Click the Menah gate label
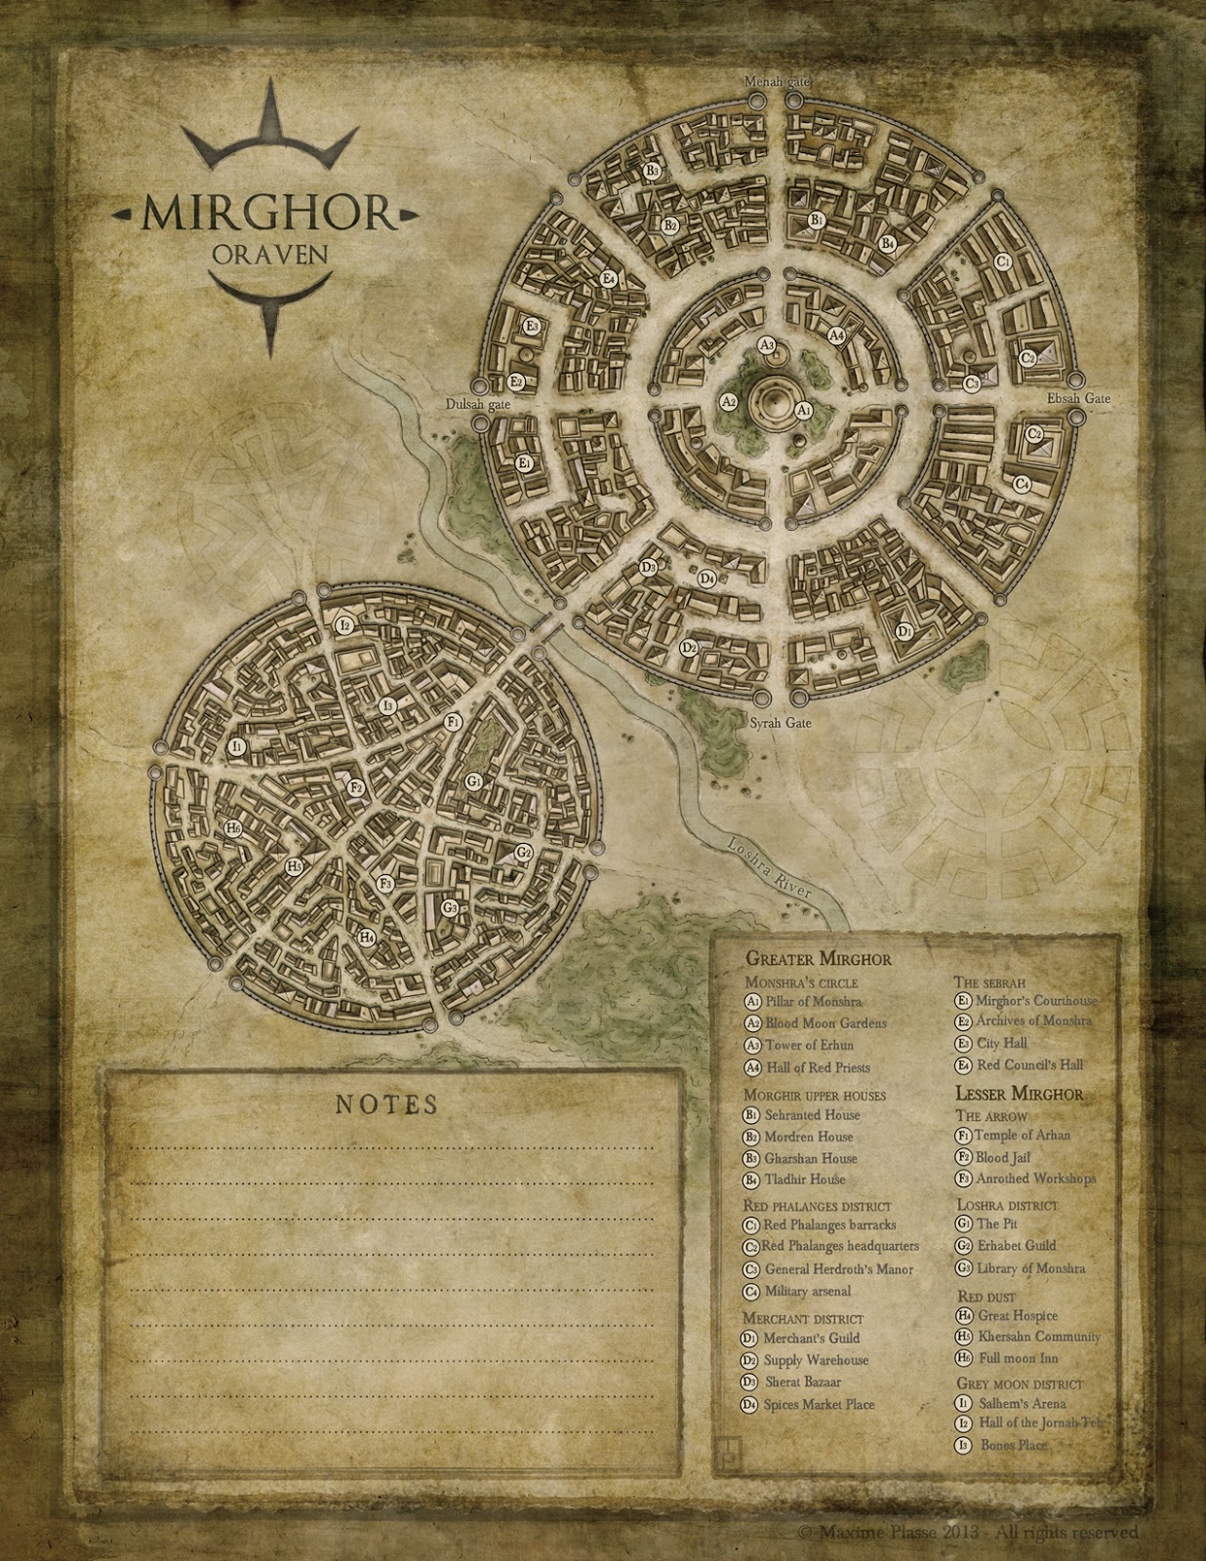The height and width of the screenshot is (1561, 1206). tap(777, 81)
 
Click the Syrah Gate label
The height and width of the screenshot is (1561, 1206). tap(780, 724)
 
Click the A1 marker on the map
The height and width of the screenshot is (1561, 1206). tap(804, 411)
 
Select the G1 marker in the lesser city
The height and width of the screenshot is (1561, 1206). tap(473, 780)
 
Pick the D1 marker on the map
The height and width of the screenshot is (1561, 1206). tap(904, 631)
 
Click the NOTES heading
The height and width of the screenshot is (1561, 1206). tap(386, 1104)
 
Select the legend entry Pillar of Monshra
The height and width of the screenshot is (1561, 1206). tap(813, 1001)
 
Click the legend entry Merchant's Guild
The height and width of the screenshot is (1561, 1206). tap(811, 1338)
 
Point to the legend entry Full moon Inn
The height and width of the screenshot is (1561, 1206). tap(1017, 1358)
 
